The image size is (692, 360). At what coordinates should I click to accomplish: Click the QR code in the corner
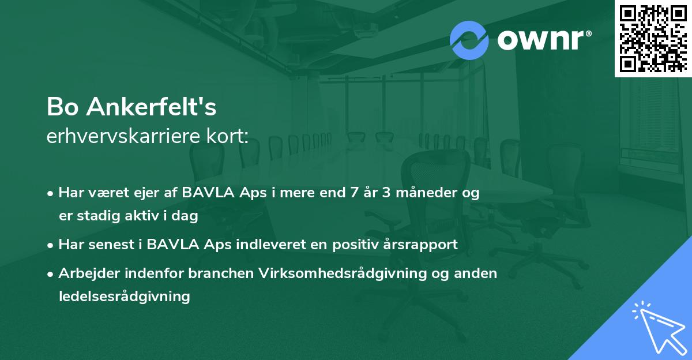click(x=653, y=38)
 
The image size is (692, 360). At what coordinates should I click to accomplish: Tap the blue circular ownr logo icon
click(x=469, y=40)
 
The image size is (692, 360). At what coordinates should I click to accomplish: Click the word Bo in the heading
click(x=61, y=108)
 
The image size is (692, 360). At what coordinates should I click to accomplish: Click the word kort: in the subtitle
click(x=230, y=137)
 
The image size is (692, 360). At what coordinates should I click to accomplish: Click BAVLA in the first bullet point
click(x=205, y=193)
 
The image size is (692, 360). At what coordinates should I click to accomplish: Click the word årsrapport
click(x=424, y=245)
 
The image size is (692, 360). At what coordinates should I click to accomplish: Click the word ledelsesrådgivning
click(x=124, y=297)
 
